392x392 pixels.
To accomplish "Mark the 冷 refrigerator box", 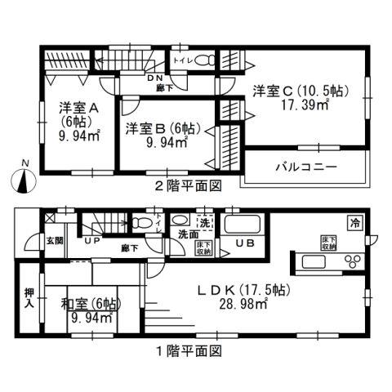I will (x=355, y=221).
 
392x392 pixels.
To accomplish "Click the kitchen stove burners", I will (x=354, y=261).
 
